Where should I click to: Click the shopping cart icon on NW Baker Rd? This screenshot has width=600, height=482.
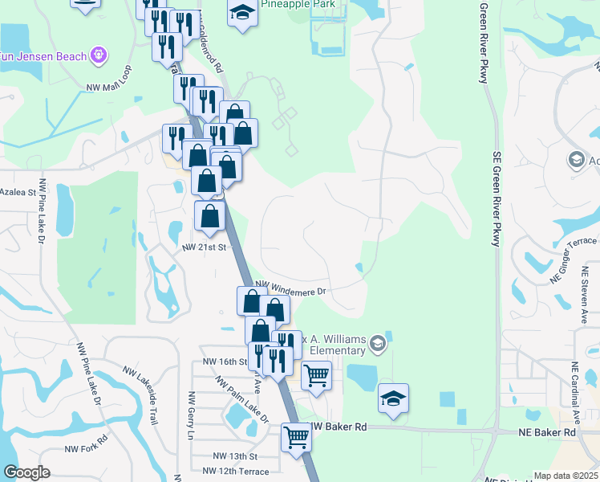pyautogui.click(x=296, y=438)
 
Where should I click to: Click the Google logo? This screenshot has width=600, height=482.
pyautogui.click(x=26, y=472)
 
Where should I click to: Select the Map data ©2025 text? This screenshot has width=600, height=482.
pyautogui.click(x=566, y=476)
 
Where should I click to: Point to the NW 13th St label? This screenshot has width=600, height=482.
pyautogui.click(x=234, y=455)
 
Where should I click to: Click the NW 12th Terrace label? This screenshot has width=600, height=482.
pyautogui.click(x=241, y=470)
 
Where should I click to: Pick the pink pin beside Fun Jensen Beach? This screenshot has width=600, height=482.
pyautogui.click(x=99, y=55)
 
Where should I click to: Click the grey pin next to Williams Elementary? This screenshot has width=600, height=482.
pyautogui.click(x=378, y=345)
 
